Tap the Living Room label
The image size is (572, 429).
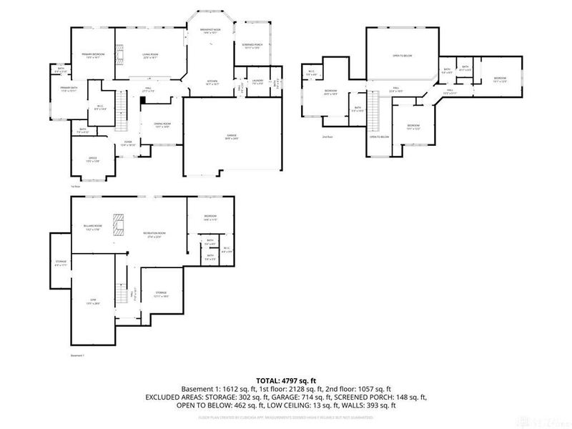tap(149, 55)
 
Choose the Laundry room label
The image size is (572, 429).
tap(257, 82)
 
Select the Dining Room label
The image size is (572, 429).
tap(162, 126)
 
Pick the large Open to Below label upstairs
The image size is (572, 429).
tap(403, 55)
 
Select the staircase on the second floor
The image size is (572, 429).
tap(380, 113)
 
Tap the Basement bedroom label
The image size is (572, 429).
tap(209, 217)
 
